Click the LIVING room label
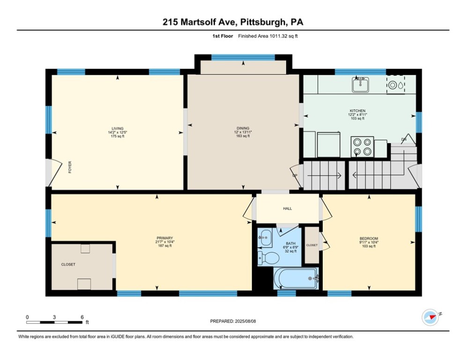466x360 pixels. pyautogui.click(x=117, y=128)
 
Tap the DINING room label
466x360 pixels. pyautogui.click(x=243, y=128)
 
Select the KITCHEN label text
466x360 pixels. pyautogui.click(x=357, y=111)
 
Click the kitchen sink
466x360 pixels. pyautogui.click(x=360, y=85)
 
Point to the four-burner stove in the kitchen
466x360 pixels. pyautogui.click(x=362, y=146)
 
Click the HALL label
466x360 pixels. pyautogui.click(x=287, y=209)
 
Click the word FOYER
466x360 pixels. pyautogui.click(x=70, y=167)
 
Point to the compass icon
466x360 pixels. pyautogui.click(x=430, y=317)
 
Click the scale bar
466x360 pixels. pyautogui.click(x=55, y=322)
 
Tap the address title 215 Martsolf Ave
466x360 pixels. pyautogui.click(x=233, y=22)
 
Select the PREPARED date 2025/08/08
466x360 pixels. pyautogui.click(x=234, y=321)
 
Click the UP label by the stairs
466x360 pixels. pyautogui.click(x=295, y=176)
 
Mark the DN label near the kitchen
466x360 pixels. pyautogui.click(x=403, y=140)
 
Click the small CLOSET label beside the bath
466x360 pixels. pyautogui.click(x=311, y=245)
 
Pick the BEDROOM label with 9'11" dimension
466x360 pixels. pyautogui.click(x=369, y=239)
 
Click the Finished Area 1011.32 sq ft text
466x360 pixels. pyautogui.click(x=268, y=36)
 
